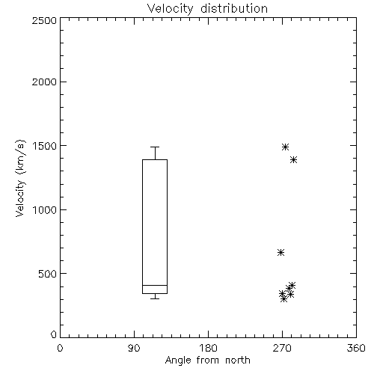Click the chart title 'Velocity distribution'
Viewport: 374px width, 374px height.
click(x=207, y=9)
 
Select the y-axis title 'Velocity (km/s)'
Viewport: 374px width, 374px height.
click(x=20, y=178)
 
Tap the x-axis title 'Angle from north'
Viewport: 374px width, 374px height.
click(x=207, y=361)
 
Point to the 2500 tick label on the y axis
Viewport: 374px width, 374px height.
click(x=44, y=20)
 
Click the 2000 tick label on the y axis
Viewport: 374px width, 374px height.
click(x=44, y=82)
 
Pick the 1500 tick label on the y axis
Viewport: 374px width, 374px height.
click(x=45, y=146)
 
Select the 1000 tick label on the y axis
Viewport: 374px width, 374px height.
click(x=45, y=210)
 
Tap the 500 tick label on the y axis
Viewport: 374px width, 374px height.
click(x=48, y=274)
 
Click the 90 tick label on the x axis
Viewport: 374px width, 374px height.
click(x=134, y=348)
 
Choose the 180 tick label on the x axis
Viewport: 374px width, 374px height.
click(x=208, y=348)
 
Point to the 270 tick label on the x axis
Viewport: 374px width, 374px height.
click(x=282, y=348)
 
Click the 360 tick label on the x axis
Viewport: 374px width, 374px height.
click(x=356, y=348)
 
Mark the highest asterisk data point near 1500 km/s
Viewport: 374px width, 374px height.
click(x=285, y=147)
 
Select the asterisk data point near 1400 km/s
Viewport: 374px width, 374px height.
click(x=293, y=159)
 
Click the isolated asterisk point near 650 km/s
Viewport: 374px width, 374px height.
click(x=280, y=252)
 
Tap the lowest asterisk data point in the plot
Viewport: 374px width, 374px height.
click(x=283, y=298)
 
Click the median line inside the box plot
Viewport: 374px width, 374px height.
click(x=155, y=285)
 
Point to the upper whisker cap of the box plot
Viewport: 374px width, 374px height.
click(x=155, y=147)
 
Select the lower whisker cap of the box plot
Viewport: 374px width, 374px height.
click(x=155, y=298)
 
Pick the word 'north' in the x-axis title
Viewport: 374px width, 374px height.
click(x=238, y=361)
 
